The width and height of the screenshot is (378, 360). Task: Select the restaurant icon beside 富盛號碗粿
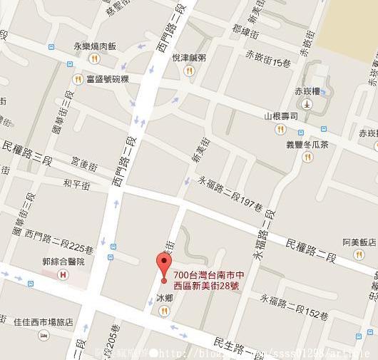tap(78, 79)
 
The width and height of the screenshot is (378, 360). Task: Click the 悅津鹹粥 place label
tap(190, 57)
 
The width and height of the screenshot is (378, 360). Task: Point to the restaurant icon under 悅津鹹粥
tap(189, 70)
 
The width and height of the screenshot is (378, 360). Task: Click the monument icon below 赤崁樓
tap(307, 104)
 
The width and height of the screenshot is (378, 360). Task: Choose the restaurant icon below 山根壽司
tap(280, 129)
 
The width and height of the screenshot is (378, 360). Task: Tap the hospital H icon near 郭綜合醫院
tap(63, 274)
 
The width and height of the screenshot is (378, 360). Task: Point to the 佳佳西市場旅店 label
tap(44, 322)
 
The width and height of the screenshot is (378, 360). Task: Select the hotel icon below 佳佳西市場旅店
tap(44, 335)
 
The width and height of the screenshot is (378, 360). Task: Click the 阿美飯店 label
tap(358, 241)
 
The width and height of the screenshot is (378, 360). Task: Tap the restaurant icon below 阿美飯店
tap(358, 254)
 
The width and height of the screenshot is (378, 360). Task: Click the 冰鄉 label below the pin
tap(164, 297)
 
